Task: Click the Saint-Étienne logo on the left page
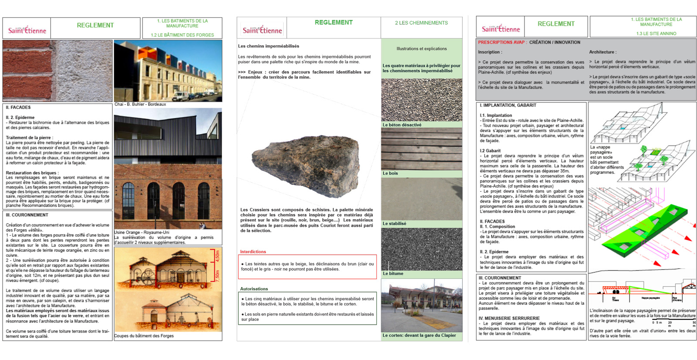[x=27, y=30]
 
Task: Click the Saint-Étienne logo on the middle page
[x=262, y=29]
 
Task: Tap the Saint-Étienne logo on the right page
[x=501, y=28]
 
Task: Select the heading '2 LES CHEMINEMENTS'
[x=421, y=23]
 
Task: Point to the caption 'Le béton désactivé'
[x=402, y=125]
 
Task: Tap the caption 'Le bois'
[x=390, y=173]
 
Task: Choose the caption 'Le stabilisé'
[x=394, y=224]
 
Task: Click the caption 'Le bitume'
[x=393, y=274]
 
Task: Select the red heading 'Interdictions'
[x=253, y=251]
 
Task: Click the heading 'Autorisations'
[x=254, y=289]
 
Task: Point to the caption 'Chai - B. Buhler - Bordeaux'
[x=140, y=104]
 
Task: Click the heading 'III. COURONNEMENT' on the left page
[x=27, y=215]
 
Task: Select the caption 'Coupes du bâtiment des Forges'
[x=144, y=336]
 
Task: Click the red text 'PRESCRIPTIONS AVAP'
[x=501, y=42]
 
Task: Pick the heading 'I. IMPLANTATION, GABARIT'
[x=508, y=105]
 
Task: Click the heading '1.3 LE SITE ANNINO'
[x=656, y=34]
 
